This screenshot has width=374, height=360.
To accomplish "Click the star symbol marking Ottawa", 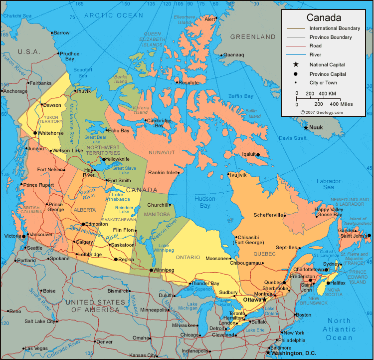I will pyautogui.click(x=264, y=300).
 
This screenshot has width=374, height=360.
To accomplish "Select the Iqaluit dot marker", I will pyautogui.click(x=258, y=155).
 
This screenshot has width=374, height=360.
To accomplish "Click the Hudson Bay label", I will pyautogui.click(x=201, y=202).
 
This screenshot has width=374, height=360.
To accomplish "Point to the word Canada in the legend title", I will pyautogui.click(x=324, y=18).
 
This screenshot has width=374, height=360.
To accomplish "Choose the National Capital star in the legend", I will pyautogui.click(x=296, y=64).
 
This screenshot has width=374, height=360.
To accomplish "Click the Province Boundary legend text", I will pyautogui.click(x=330, y=37).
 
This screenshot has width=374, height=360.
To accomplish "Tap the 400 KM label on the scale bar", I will pyautogui.click(x=327, y=93).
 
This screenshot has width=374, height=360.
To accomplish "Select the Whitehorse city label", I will pyautogui.click(x=50, y=133).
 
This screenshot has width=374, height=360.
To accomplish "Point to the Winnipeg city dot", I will pyautogui.click(x=151, y=270).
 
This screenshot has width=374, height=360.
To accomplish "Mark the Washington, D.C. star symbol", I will pyautogui.click(x=268, y=353).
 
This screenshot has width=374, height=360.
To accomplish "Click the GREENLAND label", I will pyautogui.click(x=253, y=37).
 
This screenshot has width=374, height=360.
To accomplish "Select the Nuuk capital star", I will pyautogui.click(x=306, y=127).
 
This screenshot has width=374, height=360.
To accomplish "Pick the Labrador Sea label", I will pyautogui.click(x=328, y=184).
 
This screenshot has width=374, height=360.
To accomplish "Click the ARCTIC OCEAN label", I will pyautogui.click(x=113, y=15).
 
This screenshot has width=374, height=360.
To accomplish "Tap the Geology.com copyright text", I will pyautogui.click(x=322, y=112).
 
